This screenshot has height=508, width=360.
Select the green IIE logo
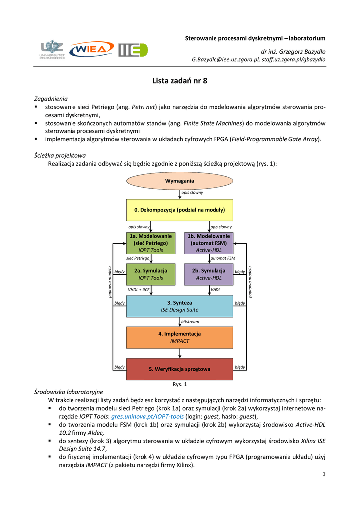click(x=133, y=50)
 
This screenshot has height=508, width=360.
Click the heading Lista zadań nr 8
click(x=179, y=81)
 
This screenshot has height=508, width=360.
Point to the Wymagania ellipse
click(x=179, y=181)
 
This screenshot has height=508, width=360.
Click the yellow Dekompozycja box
click(x=179, y=210)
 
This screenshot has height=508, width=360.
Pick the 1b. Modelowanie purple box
click(x=209, y=243)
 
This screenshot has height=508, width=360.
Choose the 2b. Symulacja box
click(x=209, y=274)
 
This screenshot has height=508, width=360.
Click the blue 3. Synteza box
click(x=179, y=306)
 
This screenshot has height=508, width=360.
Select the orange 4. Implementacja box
click(x=179, y=337)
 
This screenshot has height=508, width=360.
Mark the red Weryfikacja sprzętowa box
click(x=179, y=369)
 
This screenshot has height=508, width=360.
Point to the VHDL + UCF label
click(x=139, y=289)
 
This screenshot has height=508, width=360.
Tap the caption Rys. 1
click(x=179, y=384)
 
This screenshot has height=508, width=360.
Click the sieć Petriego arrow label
click(x=138, y=258)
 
